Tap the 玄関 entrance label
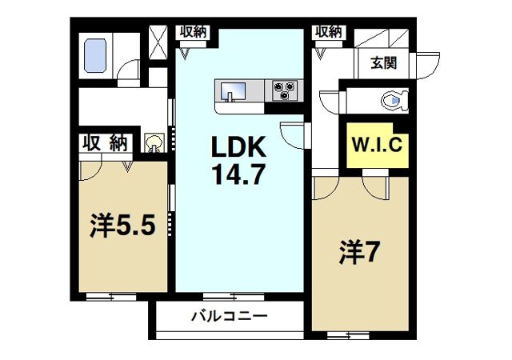coord(384,62)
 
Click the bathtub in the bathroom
coord(96,54)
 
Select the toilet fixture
coord(394,101)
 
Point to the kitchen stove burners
coord(283,90)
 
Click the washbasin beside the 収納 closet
coord(154,143)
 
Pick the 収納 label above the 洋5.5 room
coord(105,143)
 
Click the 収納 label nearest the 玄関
coord(328,32)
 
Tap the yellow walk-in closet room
coord(378,146)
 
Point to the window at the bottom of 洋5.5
coord(111,298)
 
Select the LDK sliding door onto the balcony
coord(229,297)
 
